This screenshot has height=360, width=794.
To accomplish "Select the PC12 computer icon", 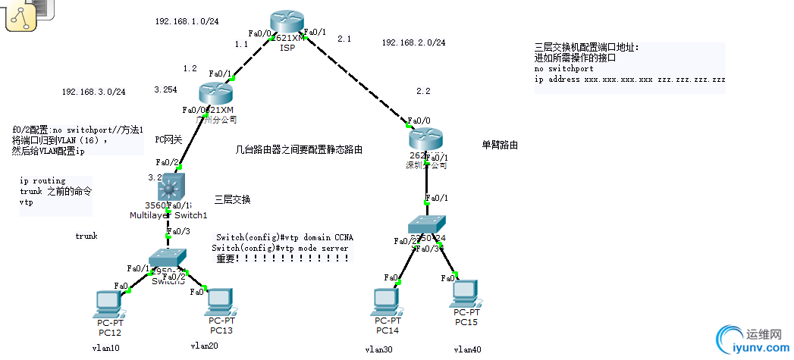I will coord(108,304).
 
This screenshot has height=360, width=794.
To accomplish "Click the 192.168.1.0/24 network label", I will coord(187,21).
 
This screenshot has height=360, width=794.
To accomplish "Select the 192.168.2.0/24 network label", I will coord(413,42).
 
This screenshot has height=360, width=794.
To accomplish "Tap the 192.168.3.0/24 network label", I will coord(94,92).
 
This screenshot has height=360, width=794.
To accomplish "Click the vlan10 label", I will coord(105,348).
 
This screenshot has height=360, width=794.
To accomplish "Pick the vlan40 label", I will coord(467,349).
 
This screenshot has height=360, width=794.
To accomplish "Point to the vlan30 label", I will coord(379,349).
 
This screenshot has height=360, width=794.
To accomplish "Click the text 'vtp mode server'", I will coord(312,248).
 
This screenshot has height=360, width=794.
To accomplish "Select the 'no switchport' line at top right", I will coord(562,68).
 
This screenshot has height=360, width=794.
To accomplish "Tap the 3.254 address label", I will coord(165,89).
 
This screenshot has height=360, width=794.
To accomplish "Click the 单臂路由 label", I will coord(500,144).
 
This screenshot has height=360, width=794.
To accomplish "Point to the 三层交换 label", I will coord(233,199).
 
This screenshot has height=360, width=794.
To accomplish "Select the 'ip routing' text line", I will coord(42,181).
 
